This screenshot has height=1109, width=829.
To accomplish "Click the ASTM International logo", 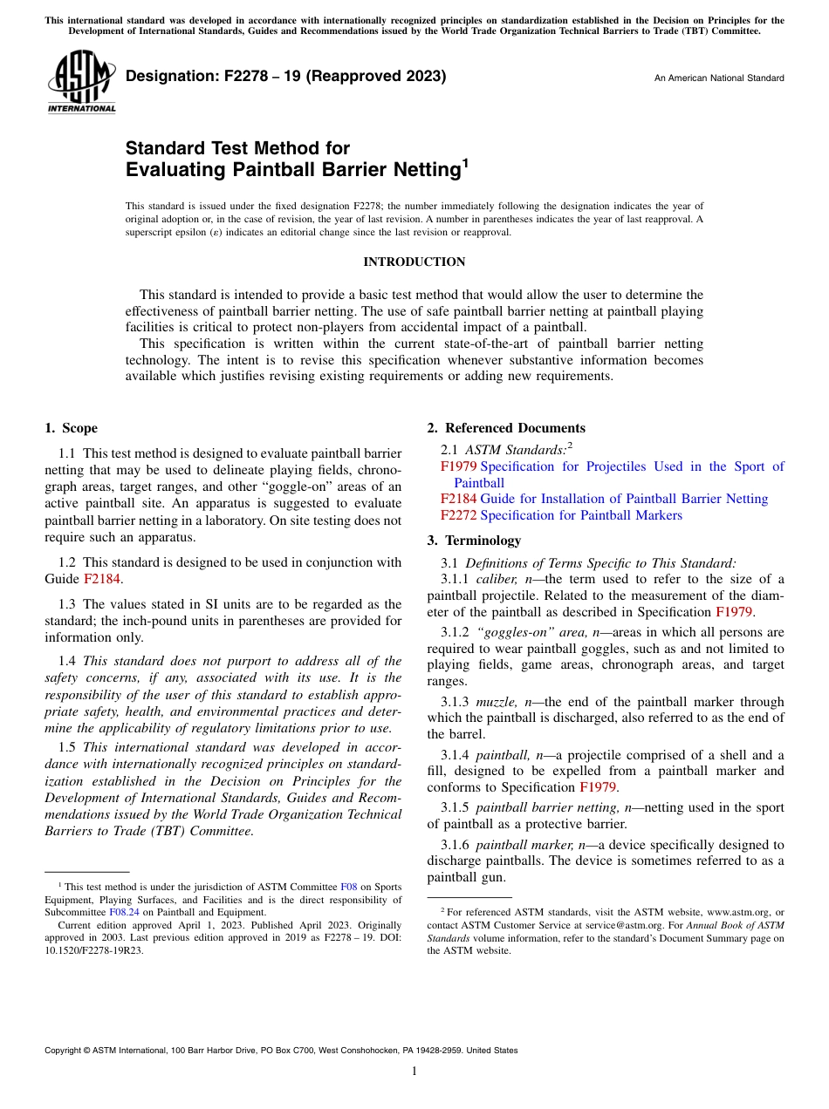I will coord(81,81).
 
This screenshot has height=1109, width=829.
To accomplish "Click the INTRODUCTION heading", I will coord(414,262).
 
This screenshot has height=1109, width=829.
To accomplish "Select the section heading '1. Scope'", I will coord(71,428).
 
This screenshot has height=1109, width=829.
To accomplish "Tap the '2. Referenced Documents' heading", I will coord(506,428).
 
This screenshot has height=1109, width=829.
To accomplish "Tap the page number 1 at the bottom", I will coord(414,1071).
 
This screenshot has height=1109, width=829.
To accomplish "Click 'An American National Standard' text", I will coord(718,78).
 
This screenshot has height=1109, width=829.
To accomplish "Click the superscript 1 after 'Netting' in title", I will coord(465,163).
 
